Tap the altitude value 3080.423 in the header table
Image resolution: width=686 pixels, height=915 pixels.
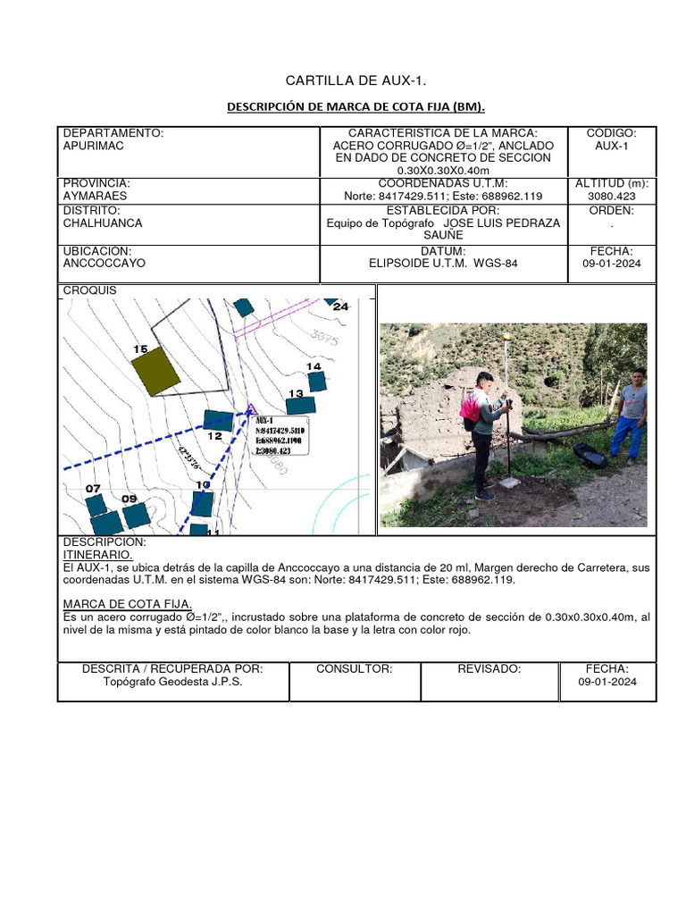coord(612,197)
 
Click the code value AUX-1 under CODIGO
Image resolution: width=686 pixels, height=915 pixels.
coord(612,146)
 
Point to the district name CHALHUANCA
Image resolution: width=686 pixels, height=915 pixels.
coord(103,223)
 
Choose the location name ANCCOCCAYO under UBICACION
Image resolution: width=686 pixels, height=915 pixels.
coord(105,264)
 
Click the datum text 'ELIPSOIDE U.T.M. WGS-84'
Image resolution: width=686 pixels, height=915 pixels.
coord(443,264)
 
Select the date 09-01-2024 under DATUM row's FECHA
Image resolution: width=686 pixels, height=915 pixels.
coord(612,264)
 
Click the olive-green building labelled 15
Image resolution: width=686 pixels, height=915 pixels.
coord(155,370)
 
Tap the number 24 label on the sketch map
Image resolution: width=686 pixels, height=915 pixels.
coord(339,307)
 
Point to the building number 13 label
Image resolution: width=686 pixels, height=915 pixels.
coord(295,393)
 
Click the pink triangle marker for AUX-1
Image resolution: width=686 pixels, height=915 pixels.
coord(250,410)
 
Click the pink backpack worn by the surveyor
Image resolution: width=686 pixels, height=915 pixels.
coord(469,409)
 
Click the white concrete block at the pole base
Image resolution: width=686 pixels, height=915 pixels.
coord(510,483)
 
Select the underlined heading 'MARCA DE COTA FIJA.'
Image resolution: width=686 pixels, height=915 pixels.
coord(127,604)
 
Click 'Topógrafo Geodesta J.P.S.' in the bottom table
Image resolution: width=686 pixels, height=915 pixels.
coord(172,682)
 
